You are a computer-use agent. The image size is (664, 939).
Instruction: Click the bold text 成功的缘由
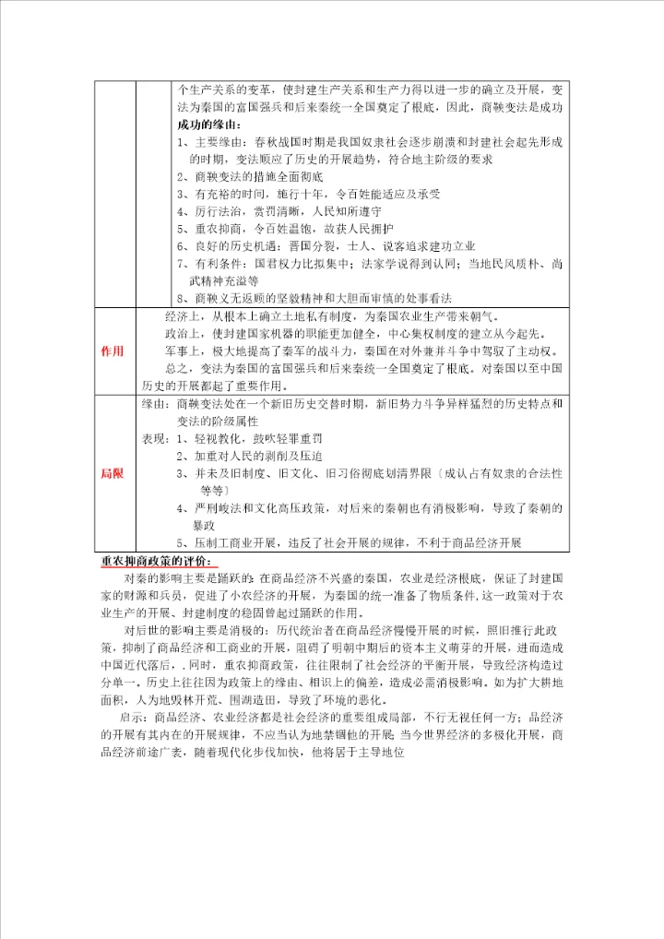click(206, 125)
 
